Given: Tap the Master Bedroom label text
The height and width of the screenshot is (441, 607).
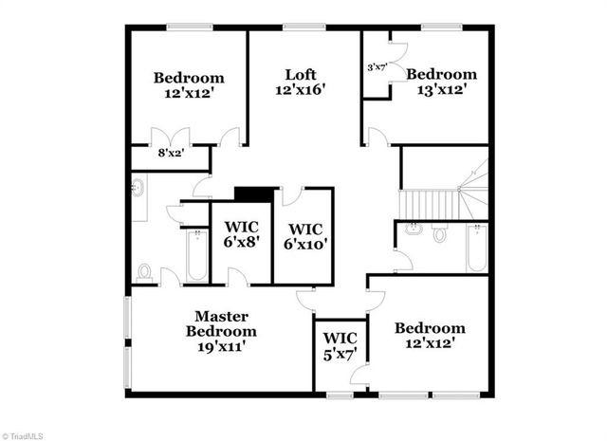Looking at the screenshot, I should click(221, 323).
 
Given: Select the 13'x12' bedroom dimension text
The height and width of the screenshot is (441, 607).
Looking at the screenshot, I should click(441, 90).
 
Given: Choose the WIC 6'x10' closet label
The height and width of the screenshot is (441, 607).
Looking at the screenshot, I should click(304, 236).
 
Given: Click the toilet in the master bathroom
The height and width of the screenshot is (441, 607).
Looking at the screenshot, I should click(144, 272).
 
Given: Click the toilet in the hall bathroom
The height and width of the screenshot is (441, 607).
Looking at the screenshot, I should click(439, 233).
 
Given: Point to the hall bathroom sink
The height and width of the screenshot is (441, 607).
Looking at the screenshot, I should click(413, 229).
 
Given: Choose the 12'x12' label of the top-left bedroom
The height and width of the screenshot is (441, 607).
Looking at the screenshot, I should click(189, 94).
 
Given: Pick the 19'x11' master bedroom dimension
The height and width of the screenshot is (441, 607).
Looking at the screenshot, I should click(221, 347).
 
